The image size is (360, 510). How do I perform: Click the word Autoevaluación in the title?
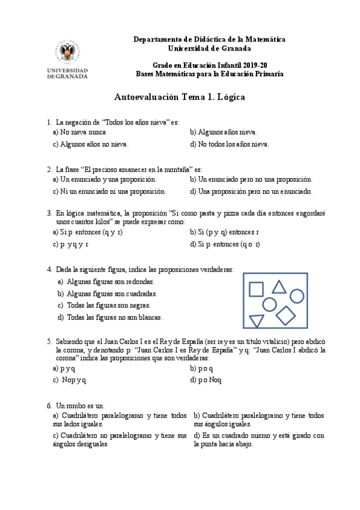click(142, 97)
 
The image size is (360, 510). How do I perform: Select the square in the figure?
click(257, 289)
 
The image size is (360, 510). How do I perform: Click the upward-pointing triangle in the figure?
click(279, 287)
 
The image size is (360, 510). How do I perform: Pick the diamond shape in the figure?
click(286, 315)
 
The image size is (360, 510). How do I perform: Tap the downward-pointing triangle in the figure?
click(257, 321)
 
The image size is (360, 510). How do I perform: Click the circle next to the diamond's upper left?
click(270, 304)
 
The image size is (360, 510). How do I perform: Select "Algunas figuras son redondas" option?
click(111, 281)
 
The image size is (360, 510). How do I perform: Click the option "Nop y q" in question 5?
click(74, 380)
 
